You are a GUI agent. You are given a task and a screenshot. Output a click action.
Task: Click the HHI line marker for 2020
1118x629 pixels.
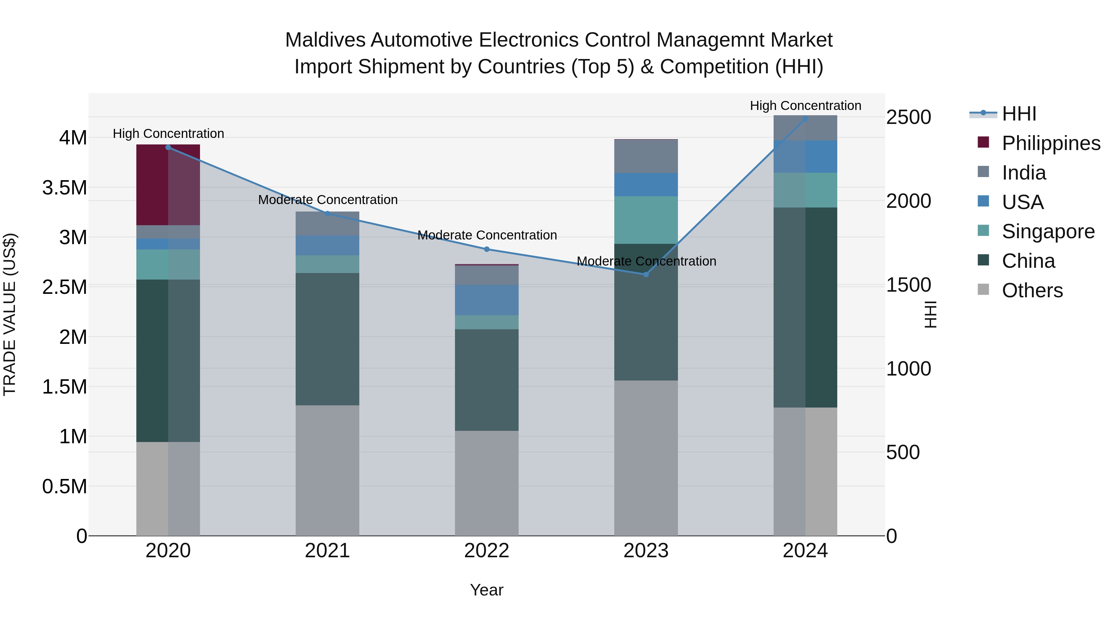click(x=168, y=148)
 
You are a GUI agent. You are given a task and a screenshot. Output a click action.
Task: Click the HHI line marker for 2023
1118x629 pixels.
click(x=646, y=274)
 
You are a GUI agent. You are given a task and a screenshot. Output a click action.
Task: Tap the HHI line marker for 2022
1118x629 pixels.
click(x=487, y=249)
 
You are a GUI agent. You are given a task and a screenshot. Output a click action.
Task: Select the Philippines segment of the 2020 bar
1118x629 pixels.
click(x=168, y=185)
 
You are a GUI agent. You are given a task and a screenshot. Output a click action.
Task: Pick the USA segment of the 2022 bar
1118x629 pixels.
click(x=487, y=300)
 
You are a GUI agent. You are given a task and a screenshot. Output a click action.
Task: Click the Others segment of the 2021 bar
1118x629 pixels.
click(x=327, y=470)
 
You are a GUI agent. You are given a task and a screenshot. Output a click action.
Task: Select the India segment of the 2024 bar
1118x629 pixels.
click(x=805, y=128)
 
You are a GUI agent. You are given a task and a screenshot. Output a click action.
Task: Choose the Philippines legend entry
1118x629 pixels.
click(x=1051, y=143)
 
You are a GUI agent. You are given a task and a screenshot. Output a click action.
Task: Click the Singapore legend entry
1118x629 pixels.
click(x=1048, y=231)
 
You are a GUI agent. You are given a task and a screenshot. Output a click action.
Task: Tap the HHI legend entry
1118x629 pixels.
click(x=1019, y=114)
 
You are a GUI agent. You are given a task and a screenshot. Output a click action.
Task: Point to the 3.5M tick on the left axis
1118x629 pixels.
click(x=65, y=188)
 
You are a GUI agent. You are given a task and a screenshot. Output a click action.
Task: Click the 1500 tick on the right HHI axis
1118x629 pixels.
click(x=908, y=285)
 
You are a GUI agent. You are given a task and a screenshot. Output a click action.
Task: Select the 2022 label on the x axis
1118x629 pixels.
click(x=487, y=551)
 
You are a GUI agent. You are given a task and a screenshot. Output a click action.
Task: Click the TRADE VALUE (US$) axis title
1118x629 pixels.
click(x=10, y=314)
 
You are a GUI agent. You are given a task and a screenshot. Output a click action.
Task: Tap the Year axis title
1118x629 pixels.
click(x=487, y=590)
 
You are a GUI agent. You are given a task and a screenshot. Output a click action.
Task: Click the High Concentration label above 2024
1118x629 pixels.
click(x=805, y=106)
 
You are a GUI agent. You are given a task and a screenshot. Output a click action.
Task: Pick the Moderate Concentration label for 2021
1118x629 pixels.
click(x=328, y=200)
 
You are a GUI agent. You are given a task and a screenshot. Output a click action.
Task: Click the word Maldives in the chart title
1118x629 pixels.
click(x=325, y=40)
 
